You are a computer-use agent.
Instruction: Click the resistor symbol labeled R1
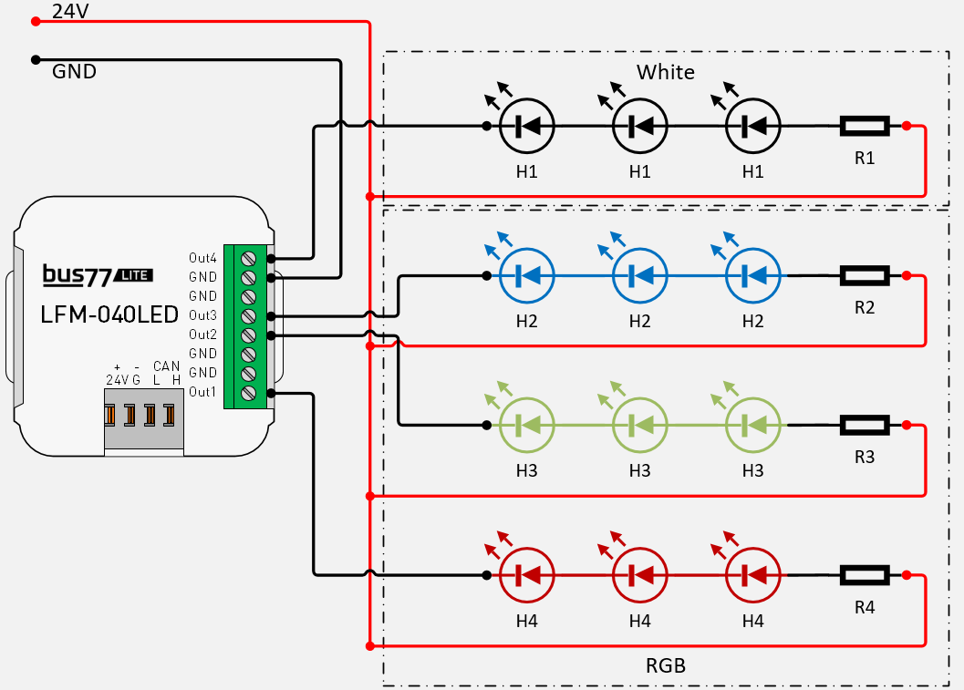click(x=864, y=126)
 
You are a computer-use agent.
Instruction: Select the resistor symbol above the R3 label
click(x=864, y=425)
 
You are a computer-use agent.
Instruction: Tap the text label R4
click(x=864, y=606)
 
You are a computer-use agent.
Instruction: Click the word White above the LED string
click(x=665, y=72)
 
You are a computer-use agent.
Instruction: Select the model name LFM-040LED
click(x=109, y=315)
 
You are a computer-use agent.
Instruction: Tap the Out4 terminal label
click(x=202, y=257)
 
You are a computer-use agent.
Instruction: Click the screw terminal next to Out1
click(x=247, y=393)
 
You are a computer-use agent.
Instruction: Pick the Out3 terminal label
click(x=202, y=315)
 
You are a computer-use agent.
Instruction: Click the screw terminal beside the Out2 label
click(x=247, y=335)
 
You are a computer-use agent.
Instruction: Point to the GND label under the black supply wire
click(x=74, y=71)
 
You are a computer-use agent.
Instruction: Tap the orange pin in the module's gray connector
click(x=111, y=415)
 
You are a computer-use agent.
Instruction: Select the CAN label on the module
click(x=166, y=366)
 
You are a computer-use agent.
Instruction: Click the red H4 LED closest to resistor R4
click(x=752, y=575)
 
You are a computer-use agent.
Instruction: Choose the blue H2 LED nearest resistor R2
click(x=752, y=274)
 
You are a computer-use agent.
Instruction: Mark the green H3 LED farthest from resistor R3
click(x=526, y=425)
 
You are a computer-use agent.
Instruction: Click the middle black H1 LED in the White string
click(x=639, y=126)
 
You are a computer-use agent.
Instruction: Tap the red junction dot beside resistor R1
click(x=906, y=126)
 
